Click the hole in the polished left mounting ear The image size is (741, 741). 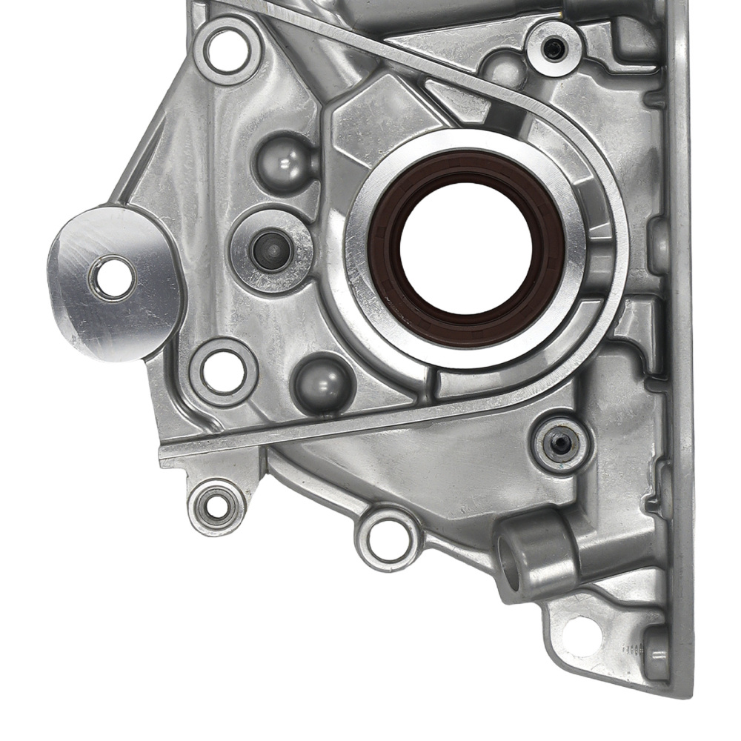(x=113, y=277)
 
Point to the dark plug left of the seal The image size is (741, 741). (x=270, y=250)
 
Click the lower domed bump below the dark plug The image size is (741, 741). (x=323, y=384)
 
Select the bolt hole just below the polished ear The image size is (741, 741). (x=224, y=371)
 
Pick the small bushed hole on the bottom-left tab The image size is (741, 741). (x=216, y=507)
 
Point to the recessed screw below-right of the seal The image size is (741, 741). (x=561, y=444)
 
